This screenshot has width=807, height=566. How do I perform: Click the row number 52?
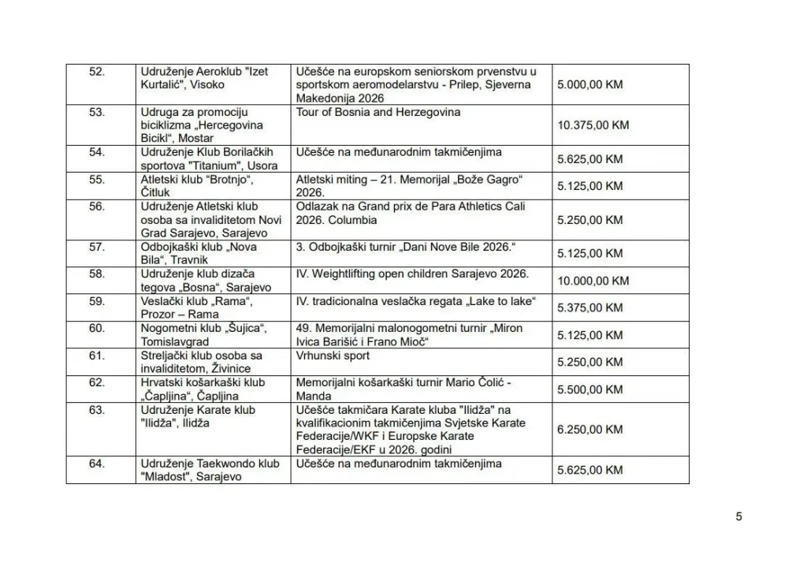click(x=97, y=71)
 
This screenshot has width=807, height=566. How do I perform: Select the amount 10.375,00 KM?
click(x=593, y=125)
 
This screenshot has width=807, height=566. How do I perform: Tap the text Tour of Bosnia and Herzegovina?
click(x=378, y=112)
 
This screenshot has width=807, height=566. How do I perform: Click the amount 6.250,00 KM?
click(x=589, y=429)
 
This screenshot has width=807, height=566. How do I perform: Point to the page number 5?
click(x=738, y=517)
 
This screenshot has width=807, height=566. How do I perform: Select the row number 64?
click(x=97, y=464)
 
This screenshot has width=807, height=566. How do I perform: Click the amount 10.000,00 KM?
click(x=593, y=281)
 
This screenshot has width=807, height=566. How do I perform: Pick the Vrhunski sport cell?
click(x=333, y=356)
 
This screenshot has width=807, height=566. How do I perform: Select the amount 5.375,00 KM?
click(x=589, y=307)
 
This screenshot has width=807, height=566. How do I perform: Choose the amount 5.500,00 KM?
click(x=589, y=389)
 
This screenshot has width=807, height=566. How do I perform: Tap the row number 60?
click(x=97, y=328)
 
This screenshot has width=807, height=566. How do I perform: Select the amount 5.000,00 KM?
click(x=589, y=84)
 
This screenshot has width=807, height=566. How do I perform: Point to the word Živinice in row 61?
click(x=237, y=369)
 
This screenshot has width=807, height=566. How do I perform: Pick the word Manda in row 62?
click(x=312, y=396)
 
